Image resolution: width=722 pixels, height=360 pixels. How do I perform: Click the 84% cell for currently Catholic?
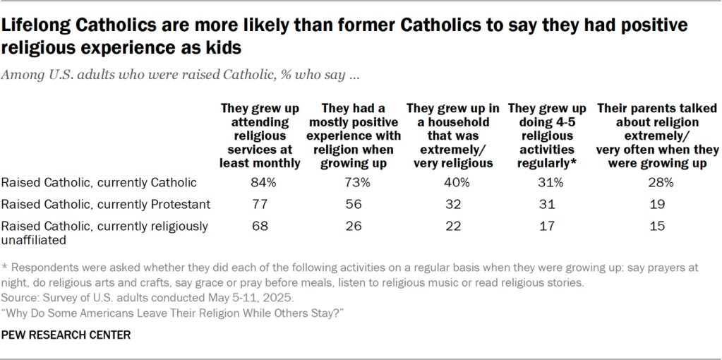[x=260, y=183]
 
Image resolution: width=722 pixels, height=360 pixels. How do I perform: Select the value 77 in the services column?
[x=260, y=205]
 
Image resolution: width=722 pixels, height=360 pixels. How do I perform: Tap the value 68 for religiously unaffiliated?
[x=260, y=227]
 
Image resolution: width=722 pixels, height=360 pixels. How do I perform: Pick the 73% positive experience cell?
[x=355, y=183]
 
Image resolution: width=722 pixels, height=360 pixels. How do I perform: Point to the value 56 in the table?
[x=355, y=205]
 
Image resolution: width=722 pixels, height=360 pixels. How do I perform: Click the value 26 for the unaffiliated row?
[x=355, y=227]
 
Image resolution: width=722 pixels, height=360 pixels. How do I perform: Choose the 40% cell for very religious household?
[x=453, y=183]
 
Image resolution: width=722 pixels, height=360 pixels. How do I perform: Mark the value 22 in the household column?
[x=453, y=227]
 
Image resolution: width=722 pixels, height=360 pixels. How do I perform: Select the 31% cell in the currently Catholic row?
[x=547, y=183]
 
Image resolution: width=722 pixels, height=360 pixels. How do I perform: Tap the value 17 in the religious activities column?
[x=547, y=227]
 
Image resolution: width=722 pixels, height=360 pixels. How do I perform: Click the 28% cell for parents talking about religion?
[x=657, y=183]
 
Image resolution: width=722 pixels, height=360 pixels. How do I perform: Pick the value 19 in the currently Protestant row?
[x=657, y=205]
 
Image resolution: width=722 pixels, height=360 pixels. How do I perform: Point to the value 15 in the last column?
[x=657, y=227]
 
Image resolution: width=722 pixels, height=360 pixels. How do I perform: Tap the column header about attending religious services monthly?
[x=260, y=136]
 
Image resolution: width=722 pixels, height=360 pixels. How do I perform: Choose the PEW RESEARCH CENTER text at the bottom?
[x=66, y=335]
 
